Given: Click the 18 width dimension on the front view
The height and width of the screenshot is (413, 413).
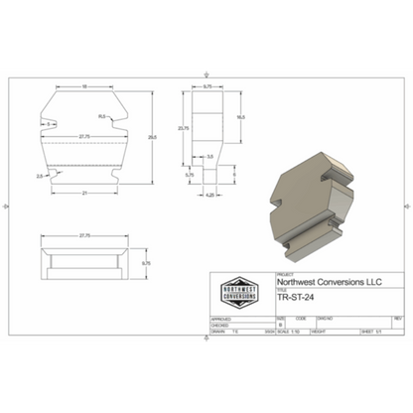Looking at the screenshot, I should [x=84, y=87].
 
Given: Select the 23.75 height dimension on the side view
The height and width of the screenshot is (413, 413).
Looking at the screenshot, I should [x=183, y=129].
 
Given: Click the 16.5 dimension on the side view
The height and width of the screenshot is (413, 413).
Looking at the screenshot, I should [x=239, y=117].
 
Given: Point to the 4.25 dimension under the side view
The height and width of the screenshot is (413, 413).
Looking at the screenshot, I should [x=210, y=196].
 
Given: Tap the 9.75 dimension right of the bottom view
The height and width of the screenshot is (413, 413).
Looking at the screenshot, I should [x=146, y=263].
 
